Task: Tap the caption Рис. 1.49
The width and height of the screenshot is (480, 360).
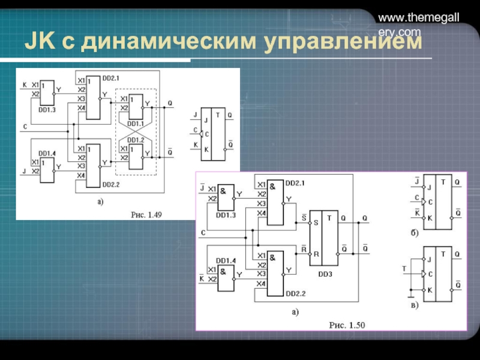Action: pyautogui.click(x=146, y=214)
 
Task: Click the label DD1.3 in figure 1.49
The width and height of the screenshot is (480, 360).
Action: pyautogui.click(x=47, y=110)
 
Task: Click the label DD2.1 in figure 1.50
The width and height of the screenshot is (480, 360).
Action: pyautogui.click(x=295, y=182)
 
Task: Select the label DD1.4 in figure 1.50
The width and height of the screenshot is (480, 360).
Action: pyautogui.click(x=226, y=260)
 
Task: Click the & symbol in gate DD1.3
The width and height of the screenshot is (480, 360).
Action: pyautogui.click(x=223, y=190)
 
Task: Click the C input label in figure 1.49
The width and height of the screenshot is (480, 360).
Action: pyautogui.click(x=25, y=126)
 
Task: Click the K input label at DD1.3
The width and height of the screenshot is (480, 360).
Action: pyautogui.click(x=25, y=85)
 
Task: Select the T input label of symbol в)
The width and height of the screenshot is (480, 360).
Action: pyautogui.click(x=404, y=268)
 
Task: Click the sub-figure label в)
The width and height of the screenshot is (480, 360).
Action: pyautogui.click(x=415, y=305)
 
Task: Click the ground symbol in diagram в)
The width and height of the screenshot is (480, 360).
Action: pyautogui.click(x=410, y=294)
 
